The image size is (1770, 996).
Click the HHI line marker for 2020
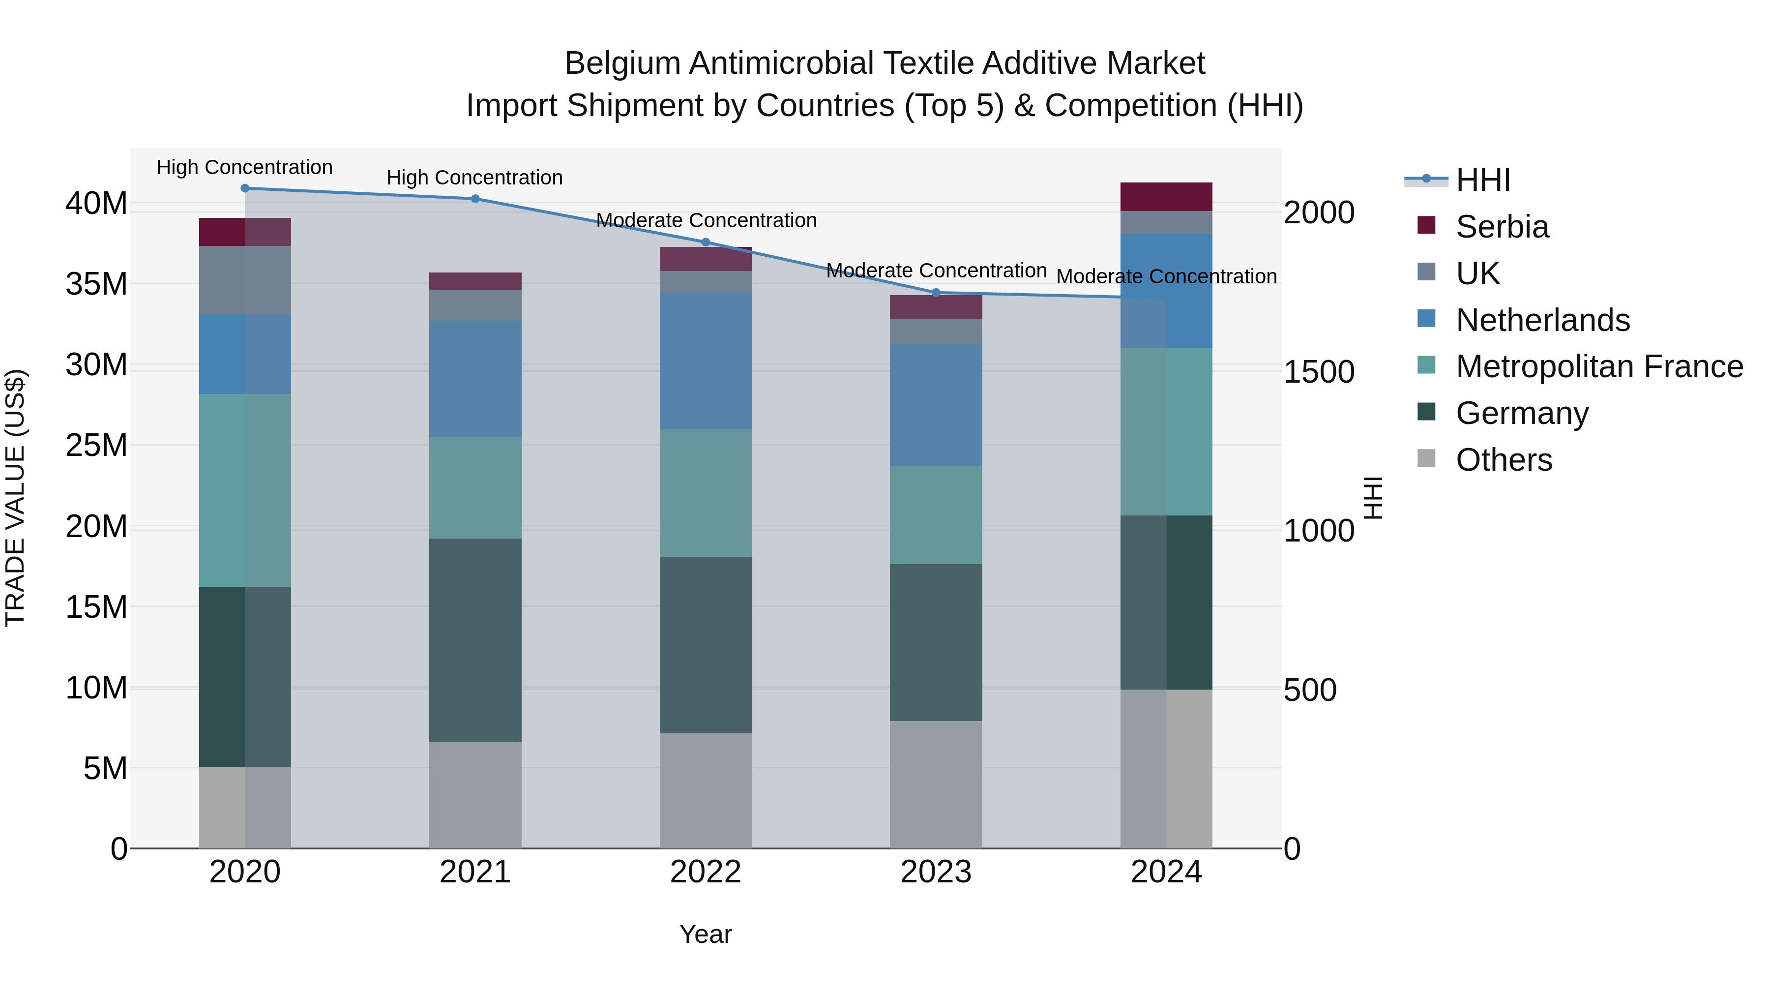[245, 188]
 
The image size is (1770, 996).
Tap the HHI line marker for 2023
[936, 293]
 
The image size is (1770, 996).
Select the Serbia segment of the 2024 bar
[1166, 197]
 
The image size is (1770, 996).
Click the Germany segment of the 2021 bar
[475, 639]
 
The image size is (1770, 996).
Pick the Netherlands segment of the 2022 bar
[705, 361]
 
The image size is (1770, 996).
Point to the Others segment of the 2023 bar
[936, 785]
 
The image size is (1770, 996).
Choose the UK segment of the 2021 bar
[475, 305]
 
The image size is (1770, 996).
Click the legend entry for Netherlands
[1542, 320]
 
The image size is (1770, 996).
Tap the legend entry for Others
[1504, 460]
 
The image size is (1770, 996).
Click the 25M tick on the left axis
[96, 446]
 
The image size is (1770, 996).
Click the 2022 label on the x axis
[705, 872]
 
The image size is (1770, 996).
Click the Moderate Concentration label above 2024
[1166, 276]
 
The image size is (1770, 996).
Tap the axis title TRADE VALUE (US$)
[15, 498]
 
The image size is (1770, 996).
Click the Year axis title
[705, 934]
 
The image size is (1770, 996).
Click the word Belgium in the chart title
[622, 63]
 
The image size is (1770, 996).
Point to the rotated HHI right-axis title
[1372, 498]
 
